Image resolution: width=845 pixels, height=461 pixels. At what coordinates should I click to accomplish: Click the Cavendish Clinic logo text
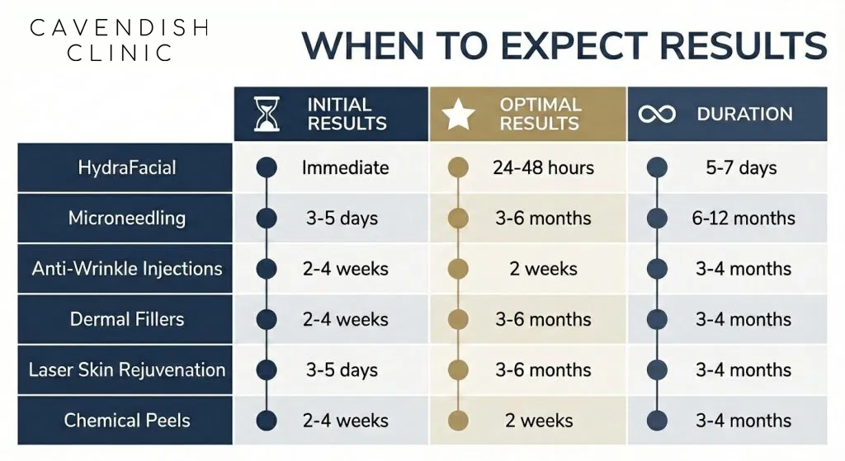click(118, 40)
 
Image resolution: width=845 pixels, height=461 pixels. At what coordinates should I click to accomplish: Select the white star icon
click(460, 115)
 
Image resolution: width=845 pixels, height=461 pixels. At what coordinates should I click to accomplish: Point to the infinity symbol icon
click(657, 115)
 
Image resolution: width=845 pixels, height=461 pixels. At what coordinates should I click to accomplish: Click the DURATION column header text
click(744, 115)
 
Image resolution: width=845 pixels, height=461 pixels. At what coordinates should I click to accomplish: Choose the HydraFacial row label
click(127, 168)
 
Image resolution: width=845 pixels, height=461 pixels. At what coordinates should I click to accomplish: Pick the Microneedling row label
click(127, 219)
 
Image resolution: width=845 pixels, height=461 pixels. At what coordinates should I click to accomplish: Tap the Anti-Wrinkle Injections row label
click(127, 269)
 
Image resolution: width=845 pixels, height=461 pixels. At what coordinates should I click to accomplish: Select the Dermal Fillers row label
click(127, 319)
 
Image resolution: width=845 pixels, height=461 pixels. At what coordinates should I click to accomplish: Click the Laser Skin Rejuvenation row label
click(127, 369)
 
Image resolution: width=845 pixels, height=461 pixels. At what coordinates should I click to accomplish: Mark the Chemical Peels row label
click(127, 420)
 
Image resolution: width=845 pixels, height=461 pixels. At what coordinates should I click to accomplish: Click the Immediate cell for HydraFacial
click(345, 168)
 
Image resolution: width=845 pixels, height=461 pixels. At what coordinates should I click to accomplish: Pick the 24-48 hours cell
click(543, 168)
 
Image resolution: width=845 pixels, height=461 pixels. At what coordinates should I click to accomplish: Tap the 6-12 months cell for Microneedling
click(744, 219)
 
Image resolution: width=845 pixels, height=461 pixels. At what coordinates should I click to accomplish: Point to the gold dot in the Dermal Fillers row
click(459, 319)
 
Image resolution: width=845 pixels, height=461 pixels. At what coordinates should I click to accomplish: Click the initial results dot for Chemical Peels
click(267, 420)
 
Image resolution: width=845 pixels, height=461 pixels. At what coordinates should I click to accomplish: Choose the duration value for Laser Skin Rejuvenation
click(743, 369)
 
